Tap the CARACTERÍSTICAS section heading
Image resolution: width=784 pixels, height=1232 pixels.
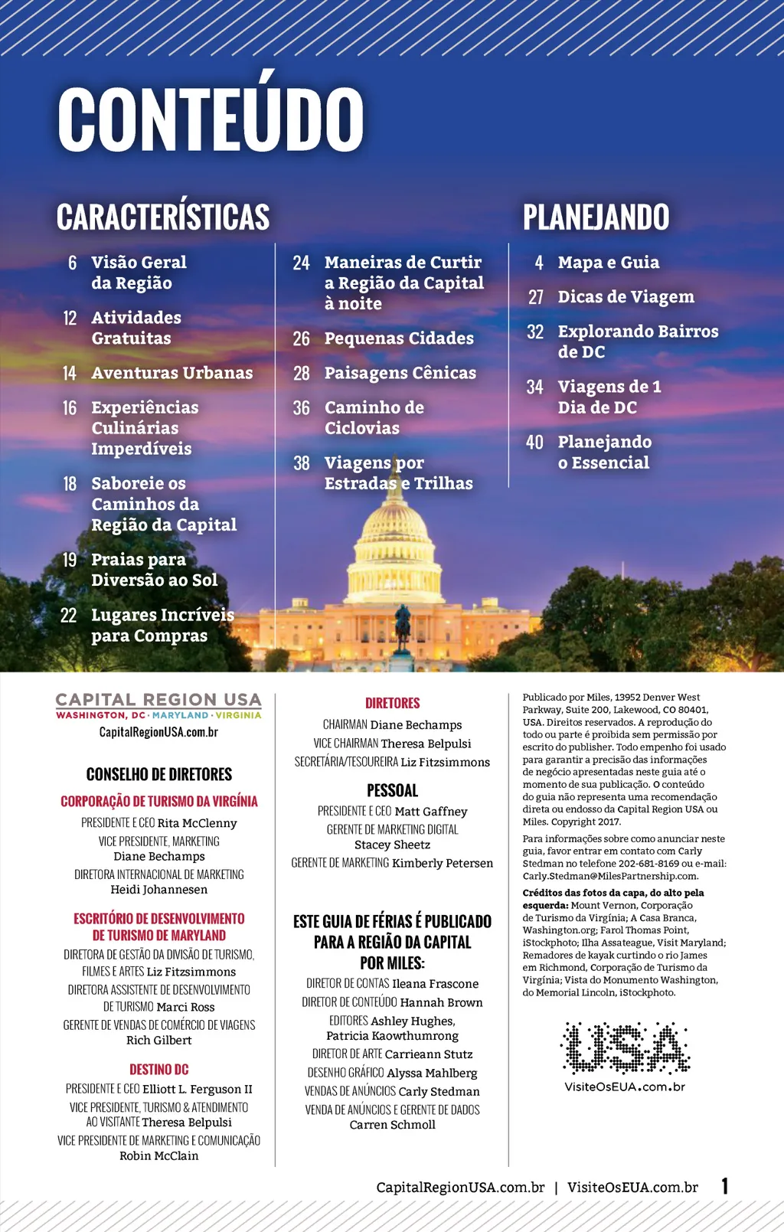(x=163, y=217)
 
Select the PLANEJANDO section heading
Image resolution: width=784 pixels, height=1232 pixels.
(x=596, y=217)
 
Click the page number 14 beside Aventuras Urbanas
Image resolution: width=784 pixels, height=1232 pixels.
(x=70, y=373)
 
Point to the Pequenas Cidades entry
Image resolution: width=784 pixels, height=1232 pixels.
(x=399, y=338)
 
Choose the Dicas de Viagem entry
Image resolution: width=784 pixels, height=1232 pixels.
(x=626, y=297)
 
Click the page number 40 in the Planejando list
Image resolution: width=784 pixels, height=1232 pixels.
(x=534, y=443)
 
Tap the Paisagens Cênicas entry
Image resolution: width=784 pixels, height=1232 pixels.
(x=400, y=373)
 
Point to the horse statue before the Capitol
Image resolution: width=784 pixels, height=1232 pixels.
(x=402, y=624)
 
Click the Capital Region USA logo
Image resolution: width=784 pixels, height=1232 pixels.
(x=158, y=705)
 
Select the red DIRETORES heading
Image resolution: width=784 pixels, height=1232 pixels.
(x=392, y=703)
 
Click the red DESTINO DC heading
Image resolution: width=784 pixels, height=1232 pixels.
(x=158, y=1070)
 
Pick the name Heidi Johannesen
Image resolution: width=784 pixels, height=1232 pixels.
(x=158, y=890)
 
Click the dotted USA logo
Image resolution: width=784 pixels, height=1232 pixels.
(x=625, y=1047)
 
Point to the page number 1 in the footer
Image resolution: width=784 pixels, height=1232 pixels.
(x=724, y=1186)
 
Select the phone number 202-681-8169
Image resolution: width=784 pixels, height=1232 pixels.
(x=648, y=864)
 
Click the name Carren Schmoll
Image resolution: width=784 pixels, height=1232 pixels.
(x=392, y=1125)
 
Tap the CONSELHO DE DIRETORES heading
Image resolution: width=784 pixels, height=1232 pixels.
(x=158, y=774)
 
